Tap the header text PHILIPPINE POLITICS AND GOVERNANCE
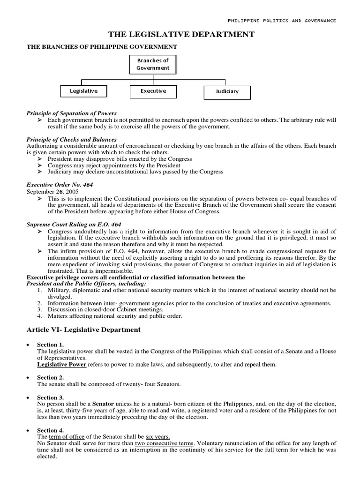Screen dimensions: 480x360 coord(282,21)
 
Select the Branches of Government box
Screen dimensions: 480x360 coord(152,64)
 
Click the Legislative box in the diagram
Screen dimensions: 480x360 coord(83,91)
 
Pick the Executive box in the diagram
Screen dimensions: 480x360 coord(153,91)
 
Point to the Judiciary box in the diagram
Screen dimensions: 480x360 coord(227,92)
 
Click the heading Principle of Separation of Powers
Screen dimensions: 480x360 coord(72,113)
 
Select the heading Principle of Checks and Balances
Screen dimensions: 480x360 coord(71,140)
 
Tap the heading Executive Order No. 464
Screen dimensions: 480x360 coord(60,185)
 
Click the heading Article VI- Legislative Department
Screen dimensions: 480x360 coord(83,330)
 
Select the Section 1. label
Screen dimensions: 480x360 coord(50,345)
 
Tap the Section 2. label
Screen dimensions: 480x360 coord(50,378)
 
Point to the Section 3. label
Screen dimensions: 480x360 coord(50,397)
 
